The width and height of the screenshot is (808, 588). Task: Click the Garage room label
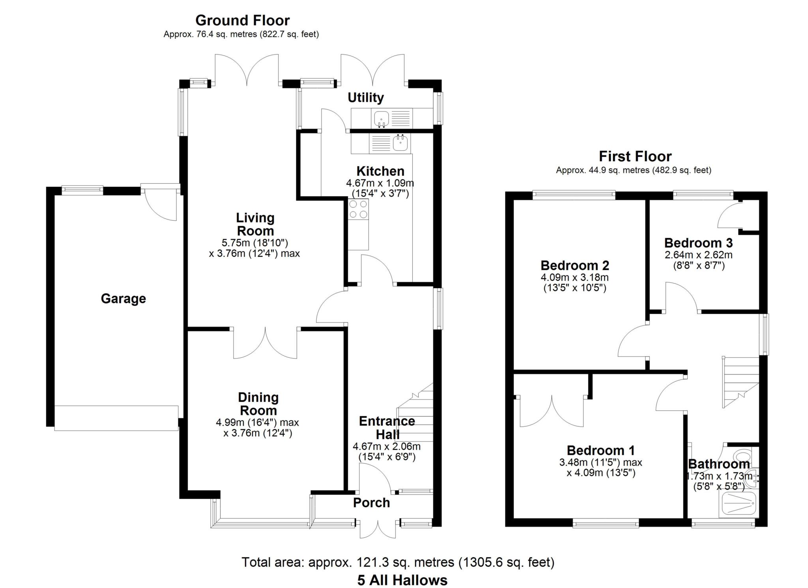(123, 299)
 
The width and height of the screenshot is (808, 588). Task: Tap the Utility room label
(366, 98)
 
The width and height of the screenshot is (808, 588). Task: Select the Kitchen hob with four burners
(359, 209)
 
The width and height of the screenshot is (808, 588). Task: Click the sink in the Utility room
(382, 118)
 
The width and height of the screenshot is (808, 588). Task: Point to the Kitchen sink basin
(400, 143)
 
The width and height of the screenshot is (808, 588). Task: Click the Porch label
(371, 503)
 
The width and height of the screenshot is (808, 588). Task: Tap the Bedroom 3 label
(698, 242)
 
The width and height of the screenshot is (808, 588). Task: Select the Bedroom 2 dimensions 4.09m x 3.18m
(574, 277)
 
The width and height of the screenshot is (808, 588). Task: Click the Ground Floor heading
(242, 20)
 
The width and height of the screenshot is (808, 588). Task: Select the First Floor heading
(635, 156)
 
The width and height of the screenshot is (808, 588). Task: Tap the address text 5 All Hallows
(402, 580)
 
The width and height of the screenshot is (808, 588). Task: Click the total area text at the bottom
(398, 562)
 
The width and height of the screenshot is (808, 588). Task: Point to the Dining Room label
(258, 404)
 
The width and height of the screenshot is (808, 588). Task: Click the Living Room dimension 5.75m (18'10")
(254, 243)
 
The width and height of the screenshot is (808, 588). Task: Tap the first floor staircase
(741, 382)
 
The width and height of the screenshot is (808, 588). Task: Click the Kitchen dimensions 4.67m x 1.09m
(380, 183)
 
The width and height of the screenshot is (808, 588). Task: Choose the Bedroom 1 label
(601, 450)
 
